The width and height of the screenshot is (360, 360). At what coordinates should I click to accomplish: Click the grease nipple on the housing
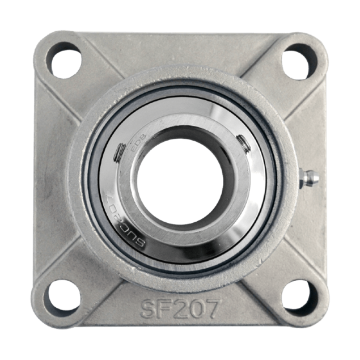310,177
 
